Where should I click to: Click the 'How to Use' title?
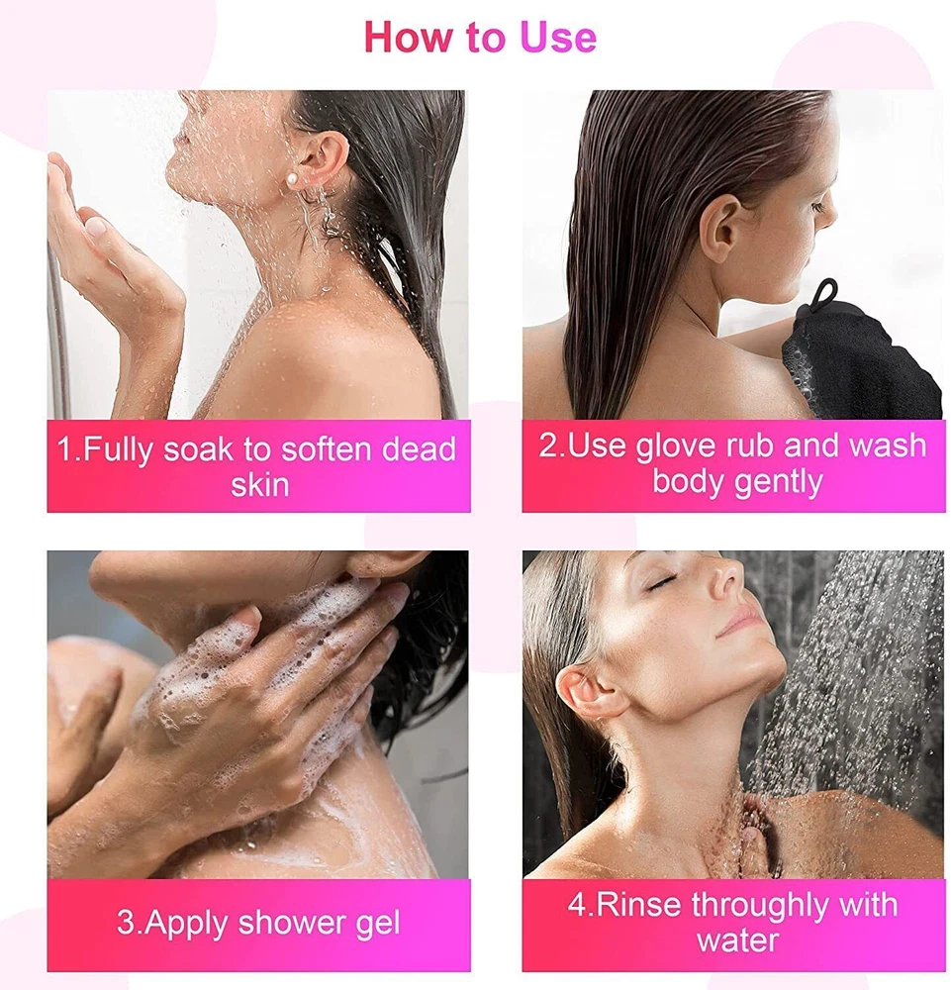click(480, 37)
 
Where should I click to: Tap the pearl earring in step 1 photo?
click(292, 182)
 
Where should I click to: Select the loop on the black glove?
click(825, 295)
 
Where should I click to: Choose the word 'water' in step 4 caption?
click(737, 940)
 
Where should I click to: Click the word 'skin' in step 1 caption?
click(259, 485)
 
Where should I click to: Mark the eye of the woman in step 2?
click(816, 207)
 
